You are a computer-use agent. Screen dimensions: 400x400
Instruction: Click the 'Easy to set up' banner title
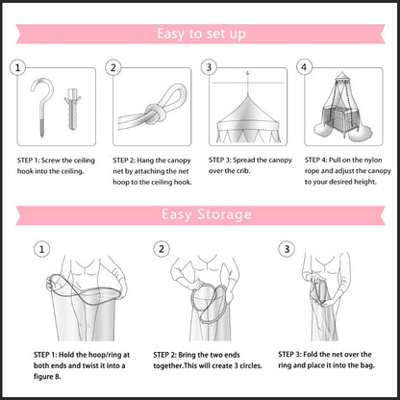coord(201,34)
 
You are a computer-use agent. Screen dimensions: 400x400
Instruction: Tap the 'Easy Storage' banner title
coord(206,214)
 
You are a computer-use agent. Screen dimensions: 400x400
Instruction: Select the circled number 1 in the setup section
coord(17,67)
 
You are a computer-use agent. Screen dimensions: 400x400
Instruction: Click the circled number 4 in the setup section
coord(304,67)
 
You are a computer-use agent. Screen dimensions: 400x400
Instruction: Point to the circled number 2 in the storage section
coord(162,249)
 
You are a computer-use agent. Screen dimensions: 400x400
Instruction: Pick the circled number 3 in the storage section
coord(287,249)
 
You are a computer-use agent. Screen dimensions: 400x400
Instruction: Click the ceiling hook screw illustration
coord(42,107)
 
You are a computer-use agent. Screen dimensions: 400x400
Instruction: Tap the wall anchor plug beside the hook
coord(72,109)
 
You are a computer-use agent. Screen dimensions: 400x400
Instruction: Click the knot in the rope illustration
coord(155,114)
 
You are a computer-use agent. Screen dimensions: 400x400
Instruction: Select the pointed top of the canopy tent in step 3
coord(247,95)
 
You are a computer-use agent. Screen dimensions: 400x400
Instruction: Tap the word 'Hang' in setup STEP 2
coord(145,161)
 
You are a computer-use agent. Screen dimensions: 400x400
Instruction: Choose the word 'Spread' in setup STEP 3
coord(244,161)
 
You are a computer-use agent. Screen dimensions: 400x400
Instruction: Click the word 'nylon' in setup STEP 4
coord(373,161)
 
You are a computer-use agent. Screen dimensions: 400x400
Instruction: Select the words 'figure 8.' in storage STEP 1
coord(47,377)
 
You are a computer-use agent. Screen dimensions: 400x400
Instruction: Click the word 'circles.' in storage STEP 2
coord(250,365)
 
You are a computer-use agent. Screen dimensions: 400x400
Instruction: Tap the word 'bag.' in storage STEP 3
coord(367,365)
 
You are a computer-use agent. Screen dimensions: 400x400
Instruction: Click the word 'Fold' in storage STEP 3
coord(311,355)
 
